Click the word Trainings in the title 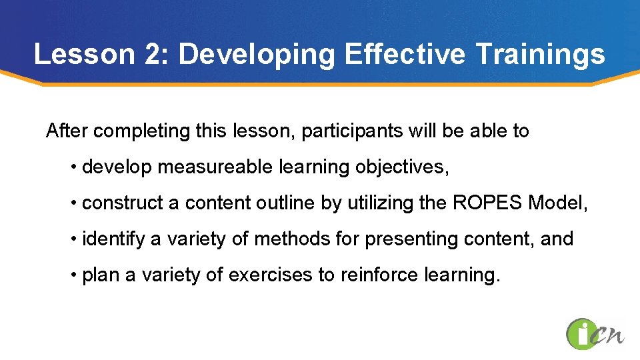(540, 54)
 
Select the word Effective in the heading (405, 54)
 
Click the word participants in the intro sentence (352, 131)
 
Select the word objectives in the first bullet (401, 167)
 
